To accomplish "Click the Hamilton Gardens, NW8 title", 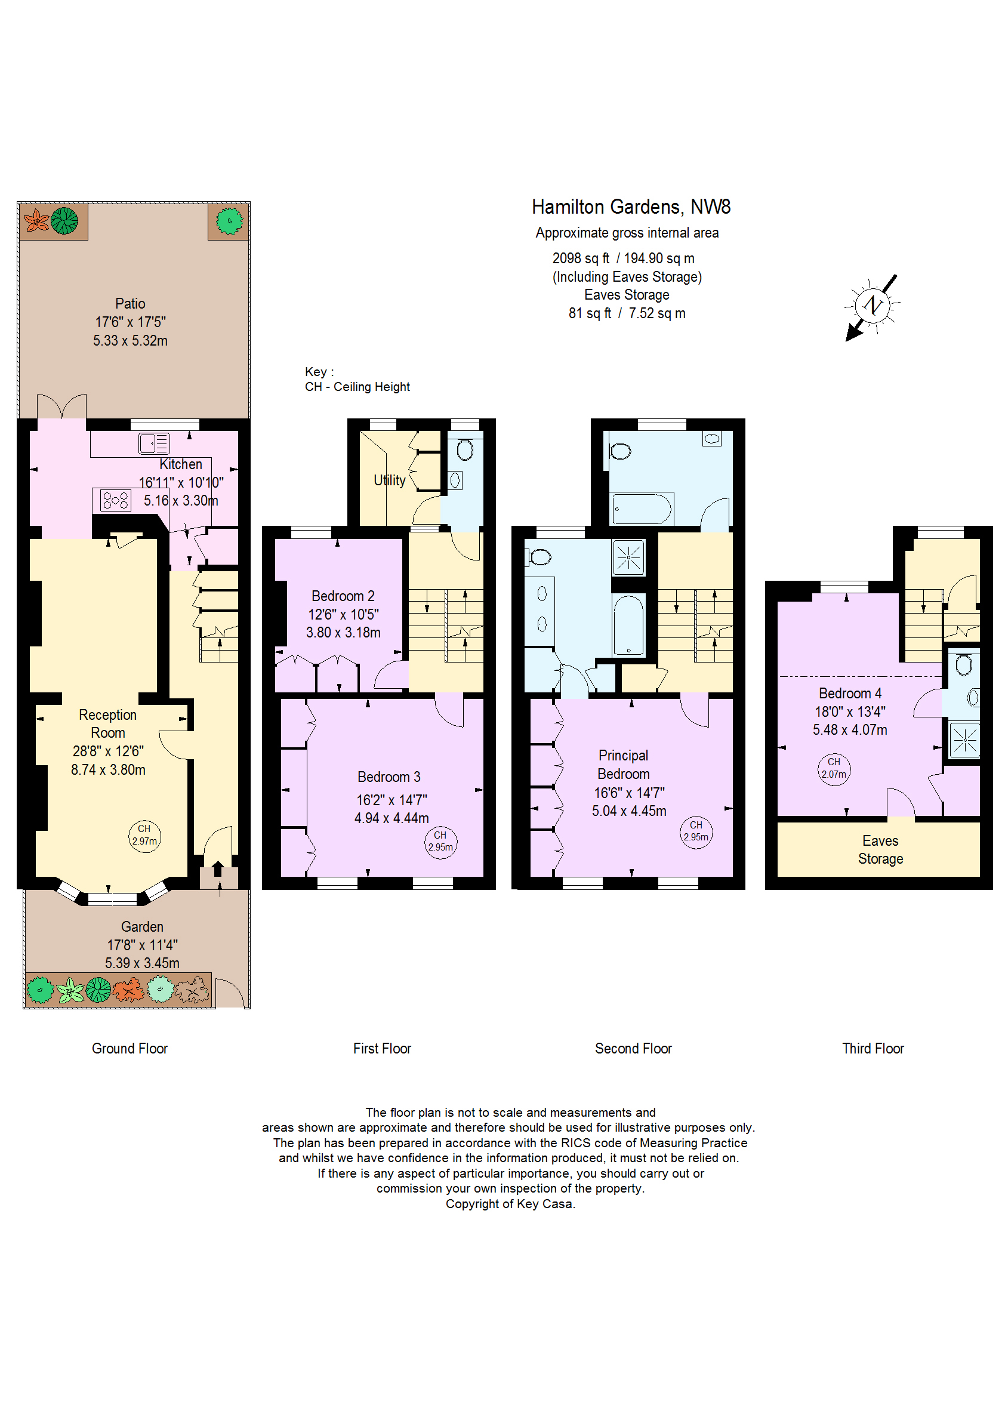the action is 631,207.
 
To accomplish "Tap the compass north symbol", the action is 872,306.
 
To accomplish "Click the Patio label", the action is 130,303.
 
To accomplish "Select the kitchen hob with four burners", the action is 116,500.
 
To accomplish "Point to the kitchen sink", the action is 154,443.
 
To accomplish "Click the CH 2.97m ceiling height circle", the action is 144,836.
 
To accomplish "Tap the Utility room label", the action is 389,480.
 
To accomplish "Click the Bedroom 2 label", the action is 343,596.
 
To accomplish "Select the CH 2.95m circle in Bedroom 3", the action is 440,842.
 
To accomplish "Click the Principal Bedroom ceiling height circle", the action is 696,832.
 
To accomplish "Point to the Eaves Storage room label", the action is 880,850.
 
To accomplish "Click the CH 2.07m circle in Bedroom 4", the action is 834,769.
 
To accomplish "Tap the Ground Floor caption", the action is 130,1048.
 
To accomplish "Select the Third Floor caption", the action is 873,1048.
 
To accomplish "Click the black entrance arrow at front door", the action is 218,868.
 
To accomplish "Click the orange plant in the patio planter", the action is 36,220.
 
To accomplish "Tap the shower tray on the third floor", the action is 964,740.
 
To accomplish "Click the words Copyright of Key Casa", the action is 510,1204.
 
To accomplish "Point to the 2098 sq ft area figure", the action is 581,258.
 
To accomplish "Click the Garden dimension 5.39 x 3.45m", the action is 142,963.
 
